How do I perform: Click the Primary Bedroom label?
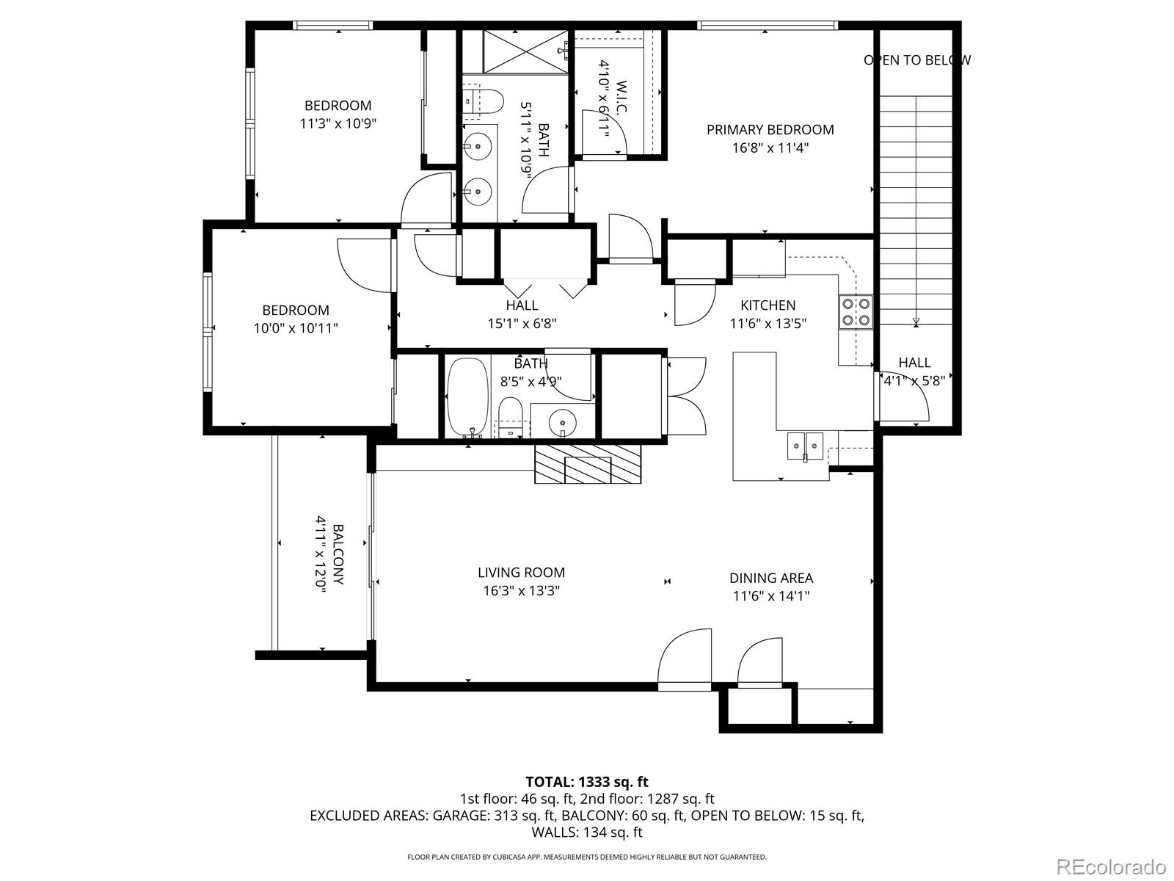point(770,130)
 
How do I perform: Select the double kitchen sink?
point(805,445)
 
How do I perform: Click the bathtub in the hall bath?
point(467,396)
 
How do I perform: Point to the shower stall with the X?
point(525,51)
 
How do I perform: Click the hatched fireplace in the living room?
point(587,464)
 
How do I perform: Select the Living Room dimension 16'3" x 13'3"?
point(521,590)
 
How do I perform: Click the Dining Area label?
point(770,578)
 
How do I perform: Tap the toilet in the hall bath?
point(509,415)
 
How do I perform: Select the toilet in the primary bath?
point(486,101)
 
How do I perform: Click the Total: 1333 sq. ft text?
point(586,782)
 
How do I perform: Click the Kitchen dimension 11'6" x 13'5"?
point(768,323)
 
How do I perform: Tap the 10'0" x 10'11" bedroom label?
point(296,328)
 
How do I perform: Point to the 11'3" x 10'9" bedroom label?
point(338,123)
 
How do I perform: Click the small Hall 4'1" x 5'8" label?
point(914,380)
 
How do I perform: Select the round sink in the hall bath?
point(563,422)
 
